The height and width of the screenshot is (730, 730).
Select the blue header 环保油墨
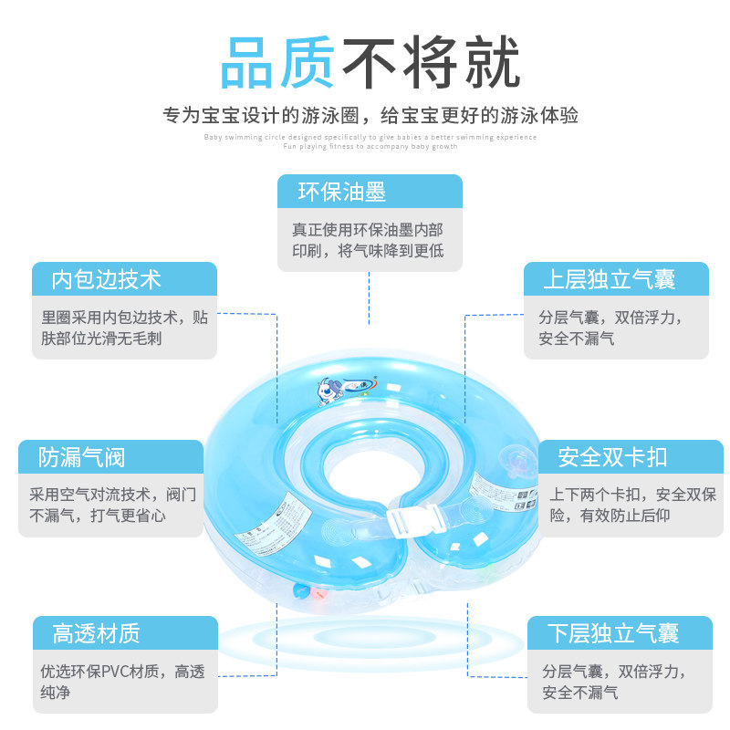370,192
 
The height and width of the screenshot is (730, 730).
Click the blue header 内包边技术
125,278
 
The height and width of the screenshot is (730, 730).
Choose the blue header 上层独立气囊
617,278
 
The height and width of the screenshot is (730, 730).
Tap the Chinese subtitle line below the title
370,116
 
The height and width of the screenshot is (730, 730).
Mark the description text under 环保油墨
369,240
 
